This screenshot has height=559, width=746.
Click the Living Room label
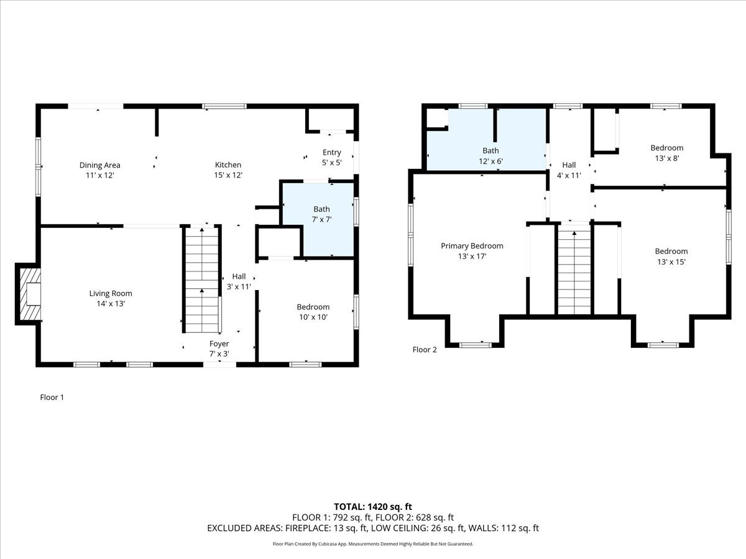point(111,293)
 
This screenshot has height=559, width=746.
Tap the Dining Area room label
point(99,165)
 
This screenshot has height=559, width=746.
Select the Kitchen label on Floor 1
point(228,165)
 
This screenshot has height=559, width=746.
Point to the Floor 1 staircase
point(201,279)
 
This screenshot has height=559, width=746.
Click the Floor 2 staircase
point(574,270)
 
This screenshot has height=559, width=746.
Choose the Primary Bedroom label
point(472,246)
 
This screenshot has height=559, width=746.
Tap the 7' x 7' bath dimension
point(321,219)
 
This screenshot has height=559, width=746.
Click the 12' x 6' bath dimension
point(490,161)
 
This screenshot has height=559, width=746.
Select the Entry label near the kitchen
point(331,152)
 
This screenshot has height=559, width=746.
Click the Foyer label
point(219,343)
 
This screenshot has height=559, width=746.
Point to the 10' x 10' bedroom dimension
point(313,317)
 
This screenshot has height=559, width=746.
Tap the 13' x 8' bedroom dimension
point(666,158)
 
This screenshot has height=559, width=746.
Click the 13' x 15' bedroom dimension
point(671,261)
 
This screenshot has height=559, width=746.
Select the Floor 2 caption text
point(425,350)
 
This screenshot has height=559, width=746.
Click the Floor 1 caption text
point(52,398)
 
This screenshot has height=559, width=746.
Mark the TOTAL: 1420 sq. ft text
point(373,506)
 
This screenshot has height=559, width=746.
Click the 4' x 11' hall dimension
point(569,175)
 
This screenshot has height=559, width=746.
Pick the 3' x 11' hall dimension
point(239,287)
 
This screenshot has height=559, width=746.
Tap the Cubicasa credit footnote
point(373,544)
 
